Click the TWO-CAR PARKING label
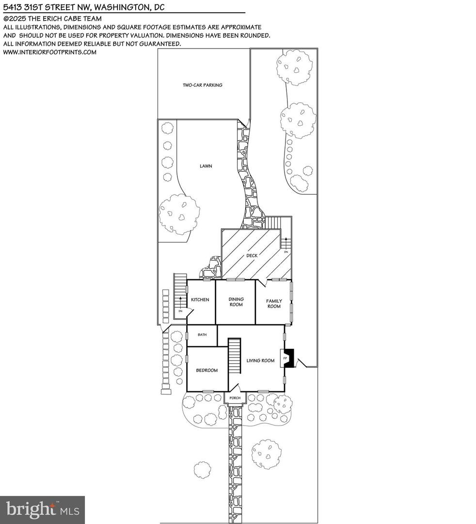pyautogui.click(x=202, y=85)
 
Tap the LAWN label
pyautogui.click(x=206, y=166)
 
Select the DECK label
pyautogui.click(x=252, y=255)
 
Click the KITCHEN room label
pyautogui.click(x=200, y=300)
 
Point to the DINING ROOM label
pyautogui.click(x=236, y=302)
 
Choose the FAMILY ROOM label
pyautogui.click(x=274, y=304)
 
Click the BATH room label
pyautogui.click(x=202, y=335)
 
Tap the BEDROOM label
pyautogui.click(x=206, y=370)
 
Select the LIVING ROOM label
pyautogui.click(x=260, y=360)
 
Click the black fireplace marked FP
pyautogui.click(x=287, y=358)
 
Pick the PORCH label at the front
pyautogui.click(x=235, y=398)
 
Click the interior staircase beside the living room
pyautogui.click(x=235, y=356)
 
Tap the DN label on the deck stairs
pyautogui.click(x=286, y=252)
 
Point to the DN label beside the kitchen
pyautogui.click(x=180, y=311)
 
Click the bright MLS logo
pyautogui.click(x=42, y=509)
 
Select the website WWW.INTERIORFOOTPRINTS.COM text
pyautogui.click(x=50, y=52)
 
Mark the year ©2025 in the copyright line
pyautogui.click(x=15, y=19)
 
